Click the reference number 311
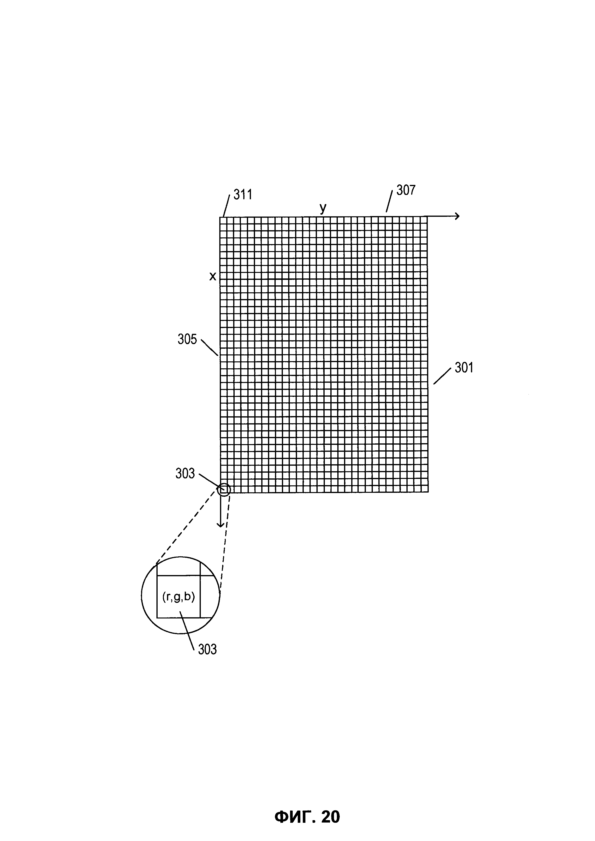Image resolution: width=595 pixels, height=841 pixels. (243, 194)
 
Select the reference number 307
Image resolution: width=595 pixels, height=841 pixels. (406, 190)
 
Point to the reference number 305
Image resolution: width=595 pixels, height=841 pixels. (187, 340)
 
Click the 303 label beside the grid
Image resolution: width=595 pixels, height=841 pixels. (185, 474)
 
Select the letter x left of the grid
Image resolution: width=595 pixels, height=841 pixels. (213, 276)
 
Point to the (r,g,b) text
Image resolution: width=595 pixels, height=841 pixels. (178, 597)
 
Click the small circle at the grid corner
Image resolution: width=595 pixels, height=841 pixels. (224, 489)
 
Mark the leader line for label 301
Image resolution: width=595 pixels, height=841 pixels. (442, 376)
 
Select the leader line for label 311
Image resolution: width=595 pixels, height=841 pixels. (226, 206)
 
